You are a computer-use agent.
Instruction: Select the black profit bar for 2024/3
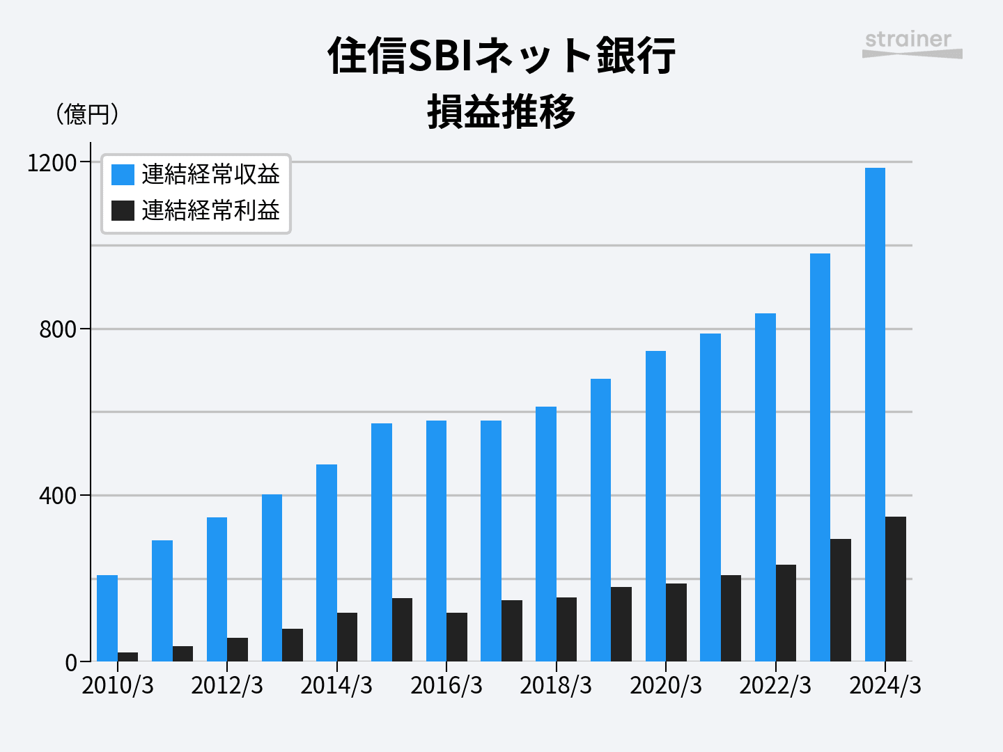896,589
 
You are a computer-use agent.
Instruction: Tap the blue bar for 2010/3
107,618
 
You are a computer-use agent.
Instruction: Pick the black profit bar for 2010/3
127,657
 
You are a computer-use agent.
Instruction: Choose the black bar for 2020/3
676,622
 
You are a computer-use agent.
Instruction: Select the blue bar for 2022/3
765,487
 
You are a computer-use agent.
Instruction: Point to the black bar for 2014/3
347,637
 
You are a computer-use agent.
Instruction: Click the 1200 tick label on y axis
52,163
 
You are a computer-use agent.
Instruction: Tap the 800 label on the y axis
58,329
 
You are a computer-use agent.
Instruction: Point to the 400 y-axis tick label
58,496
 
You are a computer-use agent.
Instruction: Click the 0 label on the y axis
71,663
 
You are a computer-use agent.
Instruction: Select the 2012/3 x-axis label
227,686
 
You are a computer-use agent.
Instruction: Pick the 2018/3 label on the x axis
556,686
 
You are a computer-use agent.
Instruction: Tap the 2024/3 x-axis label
885,686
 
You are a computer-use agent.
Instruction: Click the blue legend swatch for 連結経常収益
123,175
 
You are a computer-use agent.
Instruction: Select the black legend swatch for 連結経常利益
123,210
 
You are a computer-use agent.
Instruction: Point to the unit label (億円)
87,114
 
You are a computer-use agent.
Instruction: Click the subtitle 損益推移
501,111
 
